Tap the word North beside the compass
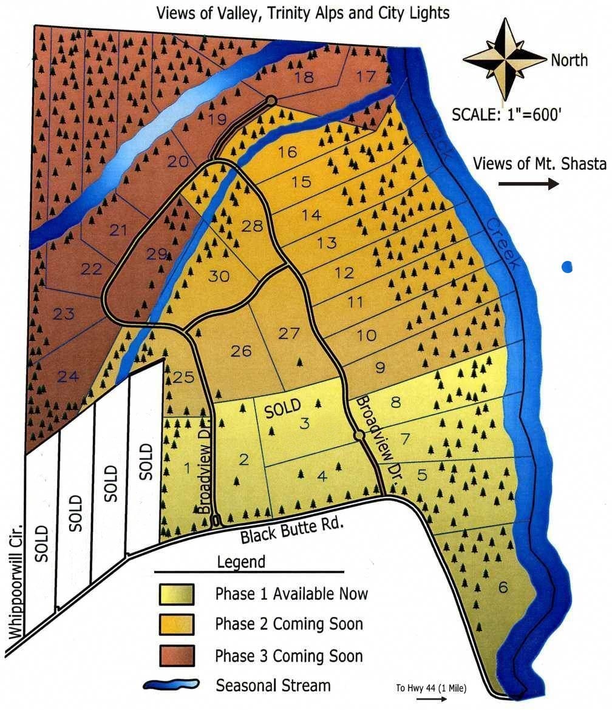569,60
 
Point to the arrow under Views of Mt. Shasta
528,184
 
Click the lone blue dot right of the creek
567,266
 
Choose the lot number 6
501,587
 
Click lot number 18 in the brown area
304,77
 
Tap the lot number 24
68,377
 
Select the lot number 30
219,276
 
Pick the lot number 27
289,333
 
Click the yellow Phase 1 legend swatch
176,593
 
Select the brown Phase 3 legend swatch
176,655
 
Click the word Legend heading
241,562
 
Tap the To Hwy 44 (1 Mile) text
431,688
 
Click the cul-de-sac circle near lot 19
271,101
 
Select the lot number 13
327,243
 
